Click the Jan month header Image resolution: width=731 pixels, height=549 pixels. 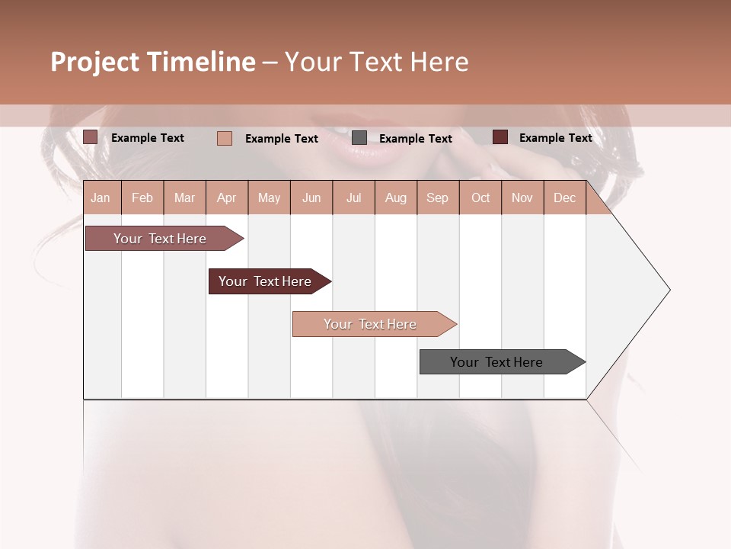[101, 197]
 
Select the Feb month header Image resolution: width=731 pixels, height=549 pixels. [142, 197]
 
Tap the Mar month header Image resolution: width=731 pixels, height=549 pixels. [184, 197]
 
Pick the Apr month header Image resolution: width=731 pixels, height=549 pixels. [227, 197]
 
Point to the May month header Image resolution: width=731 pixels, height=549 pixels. [269, 197]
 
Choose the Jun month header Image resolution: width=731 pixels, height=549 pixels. [311, 197]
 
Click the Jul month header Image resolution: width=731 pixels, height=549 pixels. [353, 197]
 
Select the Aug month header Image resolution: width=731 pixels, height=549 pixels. [396, 197]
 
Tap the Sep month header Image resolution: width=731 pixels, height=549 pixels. [438, 197]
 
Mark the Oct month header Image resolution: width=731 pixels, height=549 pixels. [480, 197]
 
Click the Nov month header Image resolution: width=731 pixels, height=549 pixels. [522, 197]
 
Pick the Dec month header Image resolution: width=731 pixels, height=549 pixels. [565, 197]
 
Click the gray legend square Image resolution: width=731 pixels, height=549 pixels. [359, 138]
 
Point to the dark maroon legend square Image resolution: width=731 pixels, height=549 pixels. [500, 137]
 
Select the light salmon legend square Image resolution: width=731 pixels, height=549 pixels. [225, 138]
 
